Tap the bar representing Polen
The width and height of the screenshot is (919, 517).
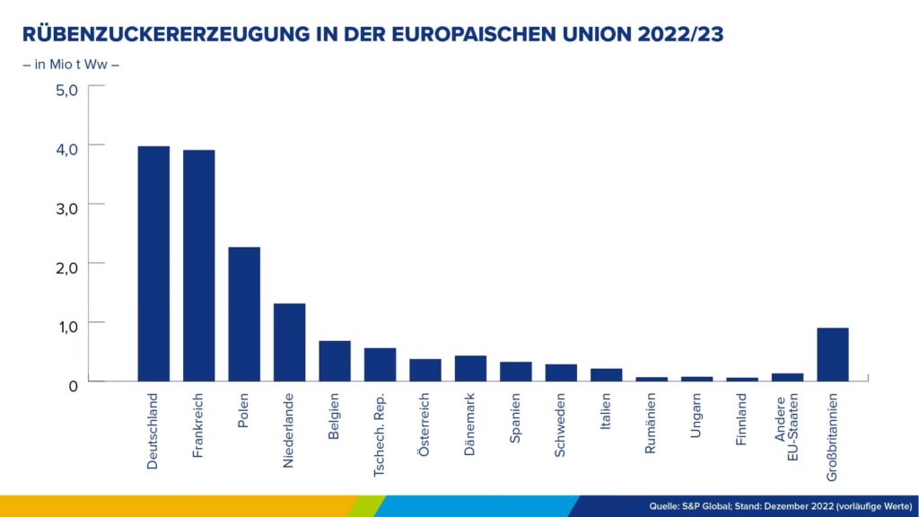click(244, 313)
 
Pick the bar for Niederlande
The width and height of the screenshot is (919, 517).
click(289, 342)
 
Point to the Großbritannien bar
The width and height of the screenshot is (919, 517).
click(832, 355)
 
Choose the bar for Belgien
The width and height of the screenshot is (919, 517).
click(335, 361)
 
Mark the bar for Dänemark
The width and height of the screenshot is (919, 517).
click(470, 368)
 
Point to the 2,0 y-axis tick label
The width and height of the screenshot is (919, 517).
click(67, 266)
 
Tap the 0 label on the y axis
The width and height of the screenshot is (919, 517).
click(73, 383)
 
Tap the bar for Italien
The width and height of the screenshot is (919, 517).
click(606, 374)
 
